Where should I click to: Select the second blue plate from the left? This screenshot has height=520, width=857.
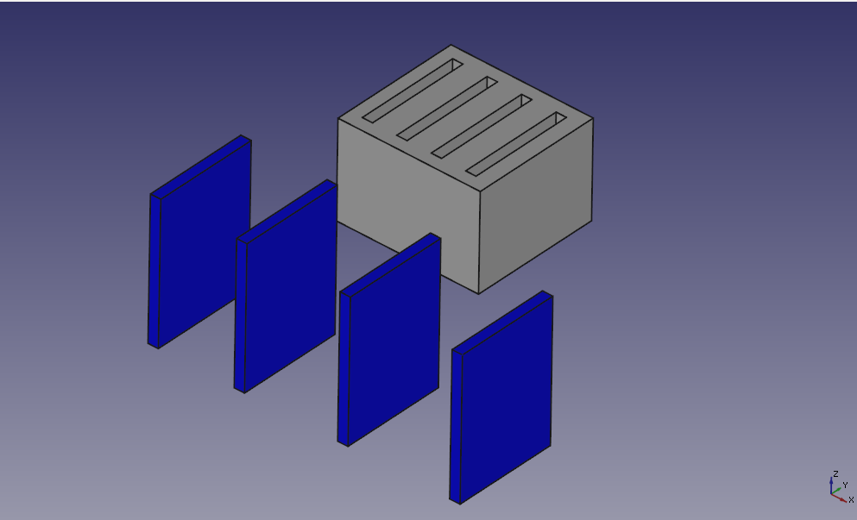tap(286, 286)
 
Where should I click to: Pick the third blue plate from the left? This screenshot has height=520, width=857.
tap(389, 340)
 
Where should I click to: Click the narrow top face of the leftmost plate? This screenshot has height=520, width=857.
tap(201, 166)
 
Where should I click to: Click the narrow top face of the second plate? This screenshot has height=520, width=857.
tap(287, 211)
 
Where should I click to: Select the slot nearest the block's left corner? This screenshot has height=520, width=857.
tap(413, 91)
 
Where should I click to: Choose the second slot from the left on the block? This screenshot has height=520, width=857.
tap(447, 109)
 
